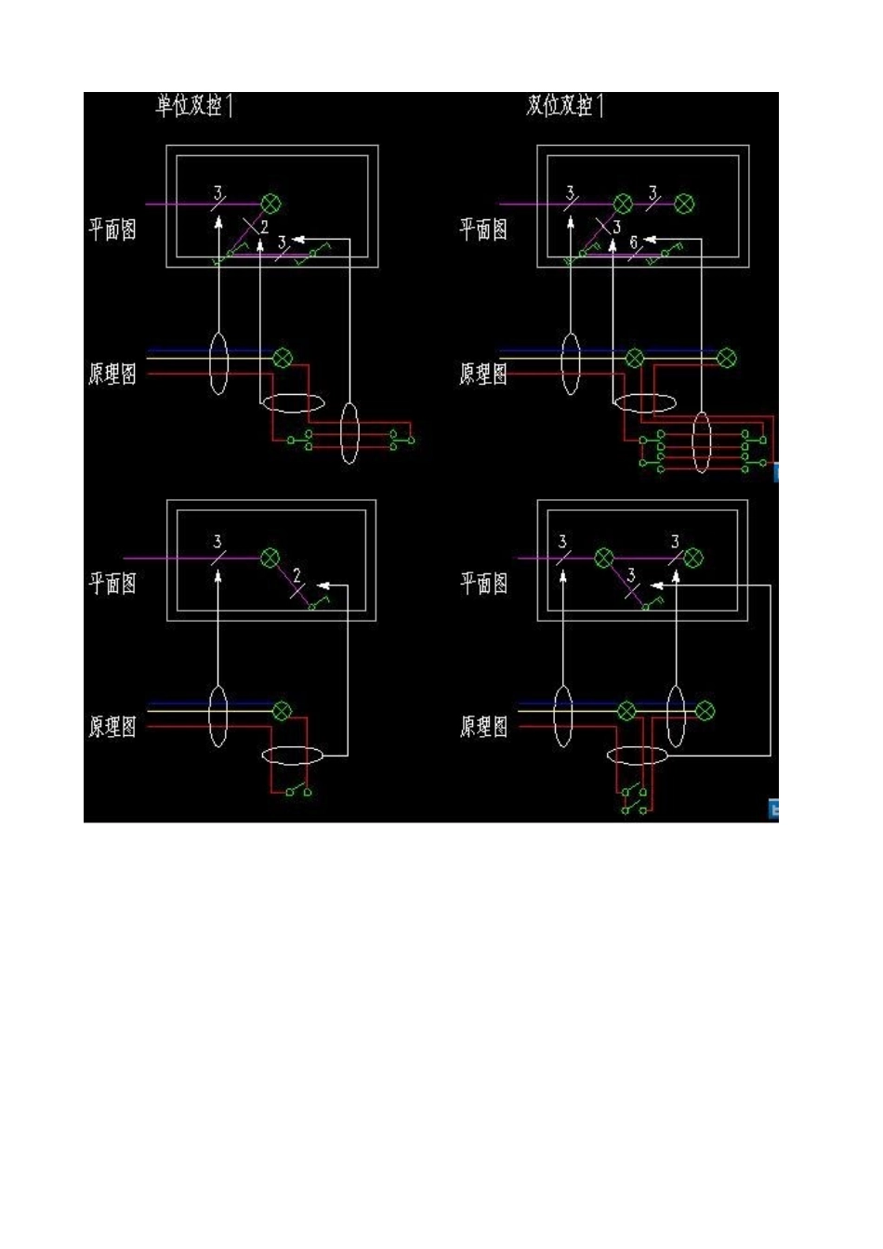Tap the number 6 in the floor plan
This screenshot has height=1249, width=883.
[634, 243]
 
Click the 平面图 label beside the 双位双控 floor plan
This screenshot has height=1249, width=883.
[484, 229]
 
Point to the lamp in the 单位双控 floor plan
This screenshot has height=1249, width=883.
[271, 204]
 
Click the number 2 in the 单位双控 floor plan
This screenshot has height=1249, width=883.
[264, 226]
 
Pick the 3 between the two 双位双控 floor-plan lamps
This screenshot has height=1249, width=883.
[652, 192]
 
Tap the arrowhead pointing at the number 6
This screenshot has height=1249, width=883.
[649, 240]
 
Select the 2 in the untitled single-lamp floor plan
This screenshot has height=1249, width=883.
[297, 574]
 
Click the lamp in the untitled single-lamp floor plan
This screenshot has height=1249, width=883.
[270, 558]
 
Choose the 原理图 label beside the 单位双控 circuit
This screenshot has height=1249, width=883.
[112, 374]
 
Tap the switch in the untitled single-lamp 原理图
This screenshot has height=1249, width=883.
[298, 792]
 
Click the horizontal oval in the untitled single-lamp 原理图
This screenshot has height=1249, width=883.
[293, 755]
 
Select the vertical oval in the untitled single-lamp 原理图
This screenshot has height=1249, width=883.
[217, 716]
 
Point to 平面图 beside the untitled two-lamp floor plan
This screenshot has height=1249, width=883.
[484, 583]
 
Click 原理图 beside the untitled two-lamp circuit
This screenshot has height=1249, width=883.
[484, 726]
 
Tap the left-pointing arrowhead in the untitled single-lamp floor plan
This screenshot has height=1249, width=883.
[323, 585]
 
